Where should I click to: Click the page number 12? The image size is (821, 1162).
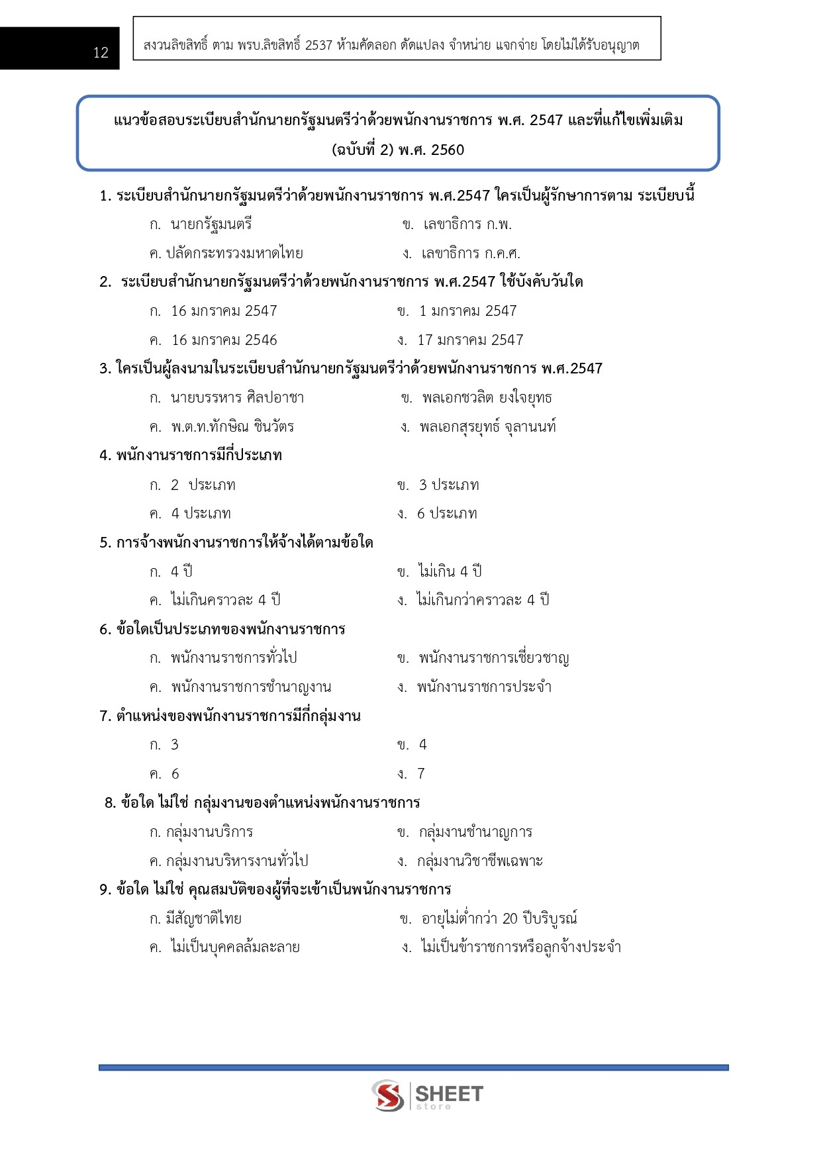101,53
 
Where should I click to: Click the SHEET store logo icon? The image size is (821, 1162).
388,1095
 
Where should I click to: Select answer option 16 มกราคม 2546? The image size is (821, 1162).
224,340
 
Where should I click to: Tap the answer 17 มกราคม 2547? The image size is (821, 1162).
469,340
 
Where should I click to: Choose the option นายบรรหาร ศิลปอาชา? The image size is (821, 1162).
236,398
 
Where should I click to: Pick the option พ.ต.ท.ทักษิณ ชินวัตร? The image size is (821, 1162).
232,427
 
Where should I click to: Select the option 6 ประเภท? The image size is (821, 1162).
446,514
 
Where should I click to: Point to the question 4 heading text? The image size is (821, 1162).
191,456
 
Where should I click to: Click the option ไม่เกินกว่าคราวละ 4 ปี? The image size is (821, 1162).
482,601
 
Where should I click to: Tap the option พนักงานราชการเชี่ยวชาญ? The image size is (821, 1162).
493,658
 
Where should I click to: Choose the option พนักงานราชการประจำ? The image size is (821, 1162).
484,687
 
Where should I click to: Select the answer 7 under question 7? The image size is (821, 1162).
420,774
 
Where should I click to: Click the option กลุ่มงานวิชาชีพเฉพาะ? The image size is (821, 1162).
479,861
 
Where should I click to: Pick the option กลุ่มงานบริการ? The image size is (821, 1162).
209,832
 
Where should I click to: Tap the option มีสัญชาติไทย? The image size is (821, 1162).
203,919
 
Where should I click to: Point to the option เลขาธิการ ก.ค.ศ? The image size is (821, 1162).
470,254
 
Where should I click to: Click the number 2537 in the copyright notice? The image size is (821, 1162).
318,46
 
